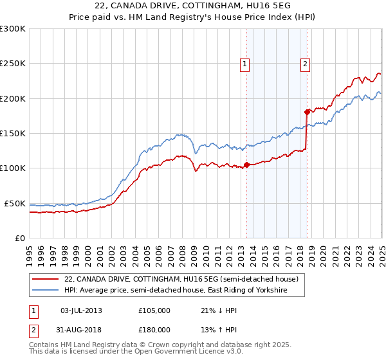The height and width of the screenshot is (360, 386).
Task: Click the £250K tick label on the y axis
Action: pos(13,64)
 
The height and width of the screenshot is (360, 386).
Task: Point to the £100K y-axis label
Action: pos(13,168)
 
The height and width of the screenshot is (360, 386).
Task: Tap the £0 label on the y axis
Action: pos(19,238)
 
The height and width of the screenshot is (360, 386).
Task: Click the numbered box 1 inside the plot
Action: pos(246,63)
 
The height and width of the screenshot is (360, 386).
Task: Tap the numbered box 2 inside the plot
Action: pos(305,63)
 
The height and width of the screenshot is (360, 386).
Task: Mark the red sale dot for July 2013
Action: pos(246,165)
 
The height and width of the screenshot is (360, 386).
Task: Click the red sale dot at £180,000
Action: pos(307,111)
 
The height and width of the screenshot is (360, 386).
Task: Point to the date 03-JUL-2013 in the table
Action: pos(82,310)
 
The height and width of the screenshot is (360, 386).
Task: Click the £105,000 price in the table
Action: pos(154,310)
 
